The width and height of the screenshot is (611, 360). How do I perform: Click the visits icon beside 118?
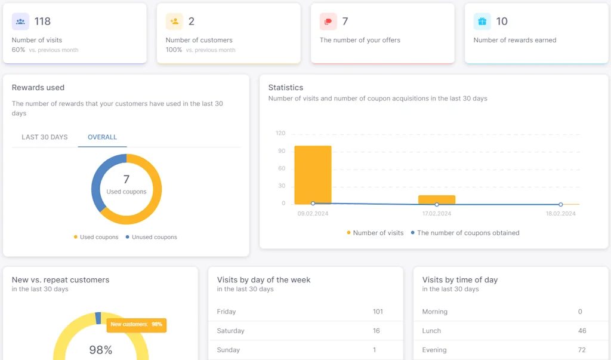point(20,21)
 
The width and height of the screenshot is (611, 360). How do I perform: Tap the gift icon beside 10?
point(482,21)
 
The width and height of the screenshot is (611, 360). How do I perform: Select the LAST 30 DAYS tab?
point(45,137)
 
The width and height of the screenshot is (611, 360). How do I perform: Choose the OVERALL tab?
point(102,137)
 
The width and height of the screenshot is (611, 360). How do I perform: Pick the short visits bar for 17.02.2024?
point(437,199)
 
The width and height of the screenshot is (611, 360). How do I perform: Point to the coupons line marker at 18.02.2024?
point(561,205)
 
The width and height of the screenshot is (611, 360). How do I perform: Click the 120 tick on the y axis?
point(280,133)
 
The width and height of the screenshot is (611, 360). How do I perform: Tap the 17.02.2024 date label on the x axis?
point(437,214)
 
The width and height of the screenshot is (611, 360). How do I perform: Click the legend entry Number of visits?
point(375,233)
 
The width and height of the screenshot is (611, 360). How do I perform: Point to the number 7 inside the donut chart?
point(126,179)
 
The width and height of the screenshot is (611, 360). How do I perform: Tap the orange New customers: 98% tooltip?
point(137,324)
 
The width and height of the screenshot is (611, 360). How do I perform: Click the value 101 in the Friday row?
point(377,312)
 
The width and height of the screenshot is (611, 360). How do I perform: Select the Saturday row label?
point(231,331)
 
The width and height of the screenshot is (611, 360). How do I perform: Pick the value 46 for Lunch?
point(582,331)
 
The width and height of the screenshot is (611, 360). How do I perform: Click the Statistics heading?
point(286,88)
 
